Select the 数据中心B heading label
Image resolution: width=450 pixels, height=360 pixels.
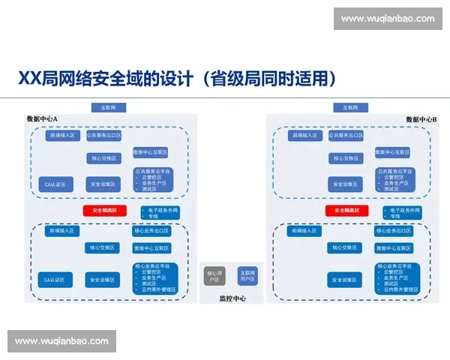421,119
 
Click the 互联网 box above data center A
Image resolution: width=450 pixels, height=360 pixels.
103,108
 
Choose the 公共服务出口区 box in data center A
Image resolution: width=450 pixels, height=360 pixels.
103,136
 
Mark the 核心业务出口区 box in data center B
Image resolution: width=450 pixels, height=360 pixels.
394,231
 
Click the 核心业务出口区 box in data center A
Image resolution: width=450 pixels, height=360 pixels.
152,231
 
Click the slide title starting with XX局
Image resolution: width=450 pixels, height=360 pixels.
176,79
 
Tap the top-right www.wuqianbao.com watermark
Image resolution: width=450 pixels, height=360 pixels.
387,18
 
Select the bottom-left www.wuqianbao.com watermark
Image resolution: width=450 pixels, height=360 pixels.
61,341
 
